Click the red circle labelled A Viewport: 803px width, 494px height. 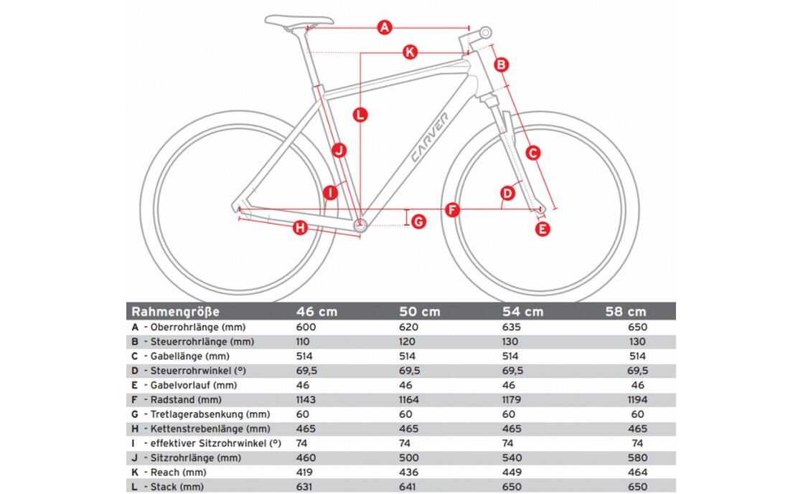coord(385,28)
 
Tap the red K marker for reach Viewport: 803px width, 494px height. coord(410,52)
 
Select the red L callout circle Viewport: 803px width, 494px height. coord(360,113)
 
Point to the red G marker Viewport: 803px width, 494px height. coord(418,222)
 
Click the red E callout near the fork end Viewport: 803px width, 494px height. coord(543,229)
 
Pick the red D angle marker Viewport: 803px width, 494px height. coord(507,193)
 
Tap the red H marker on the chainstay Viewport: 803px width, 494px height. coord(300,228)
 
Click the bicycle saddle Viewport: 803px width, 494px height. coord(299,21)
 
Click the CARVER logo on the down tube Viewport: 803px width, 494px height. coord(430,138)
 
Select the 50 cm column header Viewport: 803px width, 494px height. coord(420,312)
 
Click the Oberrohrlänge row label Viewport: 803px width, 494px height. coord(196,327)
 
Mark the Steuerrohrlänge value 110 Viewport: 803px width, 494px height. coord(305,341)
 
